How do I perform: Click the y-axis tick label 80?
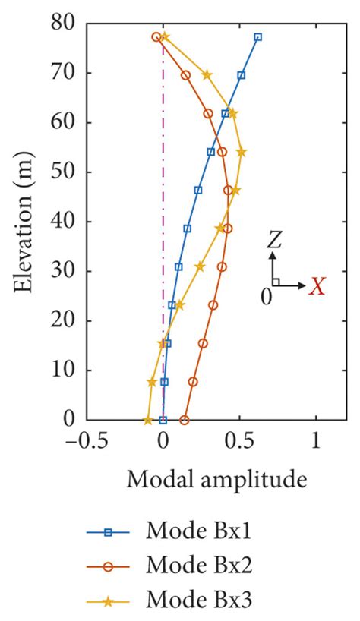click(64, 24)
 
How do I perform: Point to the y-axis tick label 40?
click(64, 222)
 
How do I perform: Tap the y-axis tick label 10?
click(64, 370)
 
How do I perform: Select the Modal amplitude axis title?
click(216, 479)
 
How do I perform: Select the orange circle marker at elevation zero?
click(184, 420)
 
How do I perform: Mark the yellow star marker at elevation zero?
click(148, 420)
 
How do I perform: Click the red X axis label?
click(318, 286)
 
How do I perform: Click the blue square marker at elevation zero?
click(163, 420)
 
